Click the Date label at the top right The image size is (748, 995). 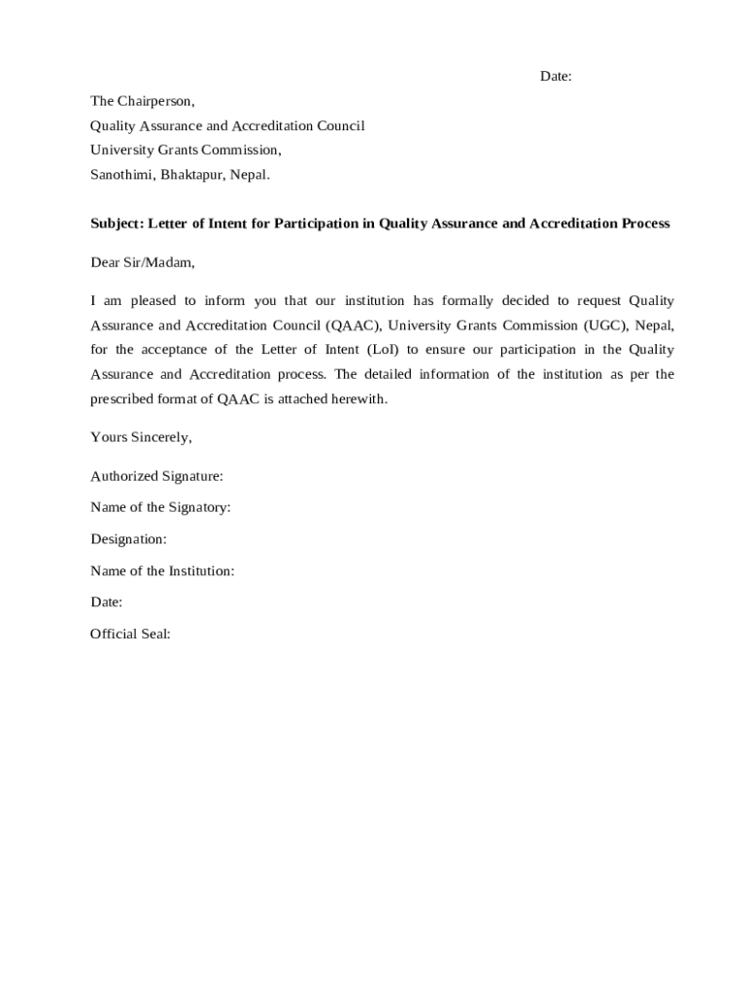coord(556,77)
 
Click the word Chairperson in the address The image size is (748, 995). coord(155,101)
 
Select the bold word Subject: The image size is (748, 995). coord(117,223)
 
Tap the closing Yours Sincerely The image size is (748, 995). coord(141,437)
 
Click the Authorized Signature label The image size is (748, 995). coord(156,476)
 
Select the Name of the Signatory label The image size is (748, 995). coord(160,507)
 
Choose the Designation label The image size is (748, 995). coord(128,538)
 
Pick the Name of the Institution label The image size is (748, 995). coord(162,570)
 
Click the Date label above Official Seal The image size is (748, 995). coord(106,602)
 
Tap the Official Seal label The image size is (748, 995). coord(130,634)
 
